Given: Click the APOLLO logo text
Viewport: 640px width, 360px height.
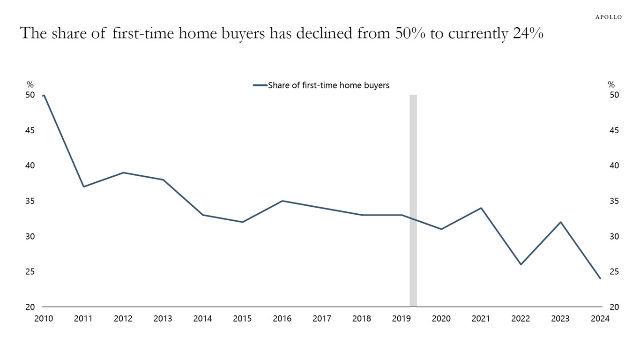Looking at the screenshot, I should click(x=608, y=17).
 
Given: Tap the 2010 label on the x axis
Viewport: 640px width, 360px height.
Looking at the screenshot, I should click(x=44, y=319).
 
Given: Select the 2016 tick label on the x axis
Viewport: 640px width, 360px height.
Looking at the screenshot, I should click(x=282, y=319).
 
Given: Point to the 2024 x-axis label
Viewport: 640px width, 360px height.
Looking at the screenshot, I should click(x=600, y=319).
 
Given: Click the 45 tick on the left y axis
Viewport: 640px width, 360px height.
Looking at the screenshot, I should click(x=30, y=130).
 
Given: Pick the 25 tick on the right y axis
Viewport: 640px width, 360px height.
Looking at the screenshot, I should click(x=614, y=272).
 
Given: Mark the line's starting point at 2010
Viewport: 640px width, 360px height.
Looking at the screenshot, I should click(x=44, y=95).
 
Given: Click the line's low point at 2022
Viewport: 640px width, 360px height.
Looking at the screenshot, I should click(x=521, y=264).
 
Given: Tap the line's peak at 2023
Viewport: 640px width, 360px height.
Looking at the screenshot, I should click(x=560, y=222).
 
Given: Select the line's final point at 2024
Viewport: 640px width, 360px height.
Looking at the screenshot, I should click(x=600, y=278).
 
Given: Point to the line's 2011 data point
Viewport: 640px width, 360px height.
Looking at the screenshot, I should click(x=83, y=187).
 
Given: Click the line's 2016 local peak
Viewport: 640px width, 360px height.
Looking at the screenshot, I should click(x=282, y=201).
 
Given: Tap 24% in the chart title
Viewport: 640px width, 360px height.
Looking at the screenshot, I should click(x=528, y=34).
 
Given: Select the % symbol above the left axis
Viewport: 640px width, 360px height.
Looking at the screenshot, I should click(x=30, y=85).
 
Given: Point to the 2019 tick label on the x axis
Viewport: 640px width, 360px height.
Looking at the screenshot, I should click(x=402, y=319).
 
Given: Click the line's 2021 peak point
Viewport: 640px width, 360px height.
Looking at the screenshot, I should click(x=481, y=208).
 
